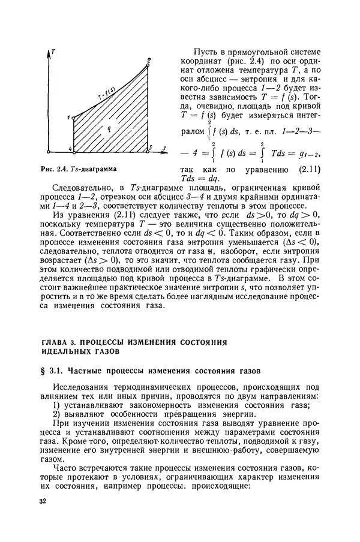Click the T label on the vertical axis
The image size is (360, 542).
click(x=54, y=53)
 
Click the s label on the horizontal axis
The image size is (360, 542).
click(x=163, y=146)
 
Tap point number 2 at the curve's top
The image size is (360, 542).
click(x=148, y=59)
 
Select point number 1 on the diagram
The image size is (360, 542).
click(x=69, y=117)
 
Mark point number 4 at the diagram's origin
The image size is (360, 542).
click(x=70, y=149)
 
